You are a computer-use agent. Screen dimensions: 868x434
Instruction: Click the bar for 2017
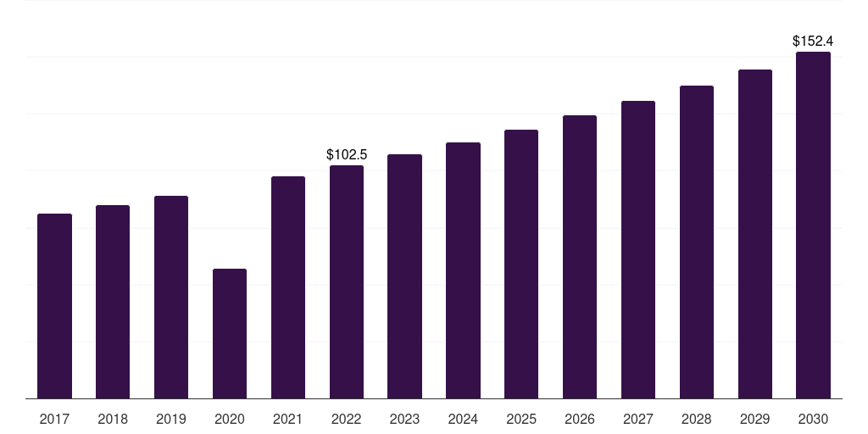coord(54,306)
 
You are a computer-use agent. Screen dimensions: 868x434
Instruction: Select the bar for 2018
coord(113,302)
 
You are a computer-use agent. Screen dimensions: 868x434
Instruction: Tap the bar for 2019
coord(171,298)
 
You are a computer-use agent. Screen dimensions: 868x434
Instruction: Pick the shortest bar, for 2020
coord(230,334)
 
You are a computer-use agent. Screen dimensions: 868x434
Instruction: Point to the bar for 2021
coord(288,287)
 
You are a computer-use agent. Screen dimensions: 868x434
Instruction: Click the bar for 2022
coord(347,281)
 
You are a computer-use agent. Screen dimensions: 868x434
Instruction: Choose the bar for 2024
coord(464,270)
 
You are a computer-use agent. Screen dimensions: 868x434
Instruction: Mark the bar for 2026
coord(580,257)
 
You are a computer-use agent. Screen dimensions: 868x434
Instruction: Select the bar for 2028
coord(697,242)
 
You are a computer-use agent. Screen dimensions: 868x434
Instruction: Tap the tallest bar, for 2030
coord(813,225)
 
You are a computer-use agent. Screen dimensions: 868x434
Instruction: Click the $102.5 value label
coord(347,154)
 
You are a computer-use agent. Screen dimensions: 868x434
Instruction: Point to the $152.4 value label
coord(813,41)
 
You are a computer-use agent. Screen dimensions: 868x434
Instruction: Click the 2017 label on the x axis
coord(54,420)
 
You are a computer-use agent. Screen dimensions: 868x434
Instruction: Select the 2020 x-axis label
coord(230,420)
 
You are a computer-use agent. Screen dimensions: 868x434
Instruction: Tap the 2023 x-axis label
coord(404,420)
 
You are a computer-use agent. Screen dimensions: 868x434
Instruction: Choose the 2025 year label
coord(521,420)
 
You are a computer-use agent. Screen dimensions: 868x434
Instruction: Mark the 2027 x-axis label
coord(638,420)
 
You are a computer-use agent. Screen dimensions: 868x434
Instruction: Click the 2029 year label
coord(755,420)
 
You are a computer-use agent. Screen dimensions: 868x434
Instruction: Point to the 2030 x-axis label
coord(813,420)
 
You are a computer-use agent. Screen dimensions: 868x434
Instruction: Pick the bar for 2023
coord(404,276)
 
